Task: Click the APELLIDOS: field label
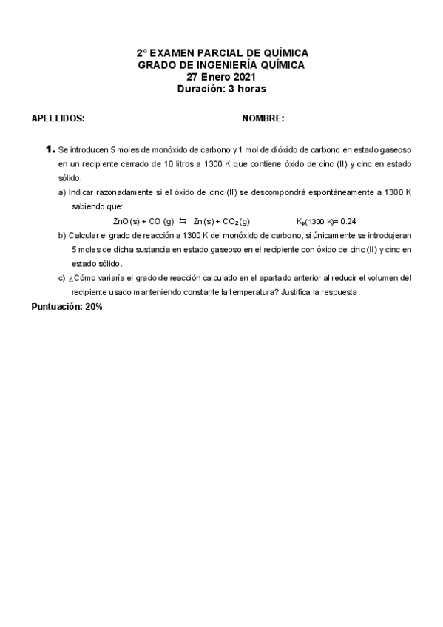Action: [x=58, y=118]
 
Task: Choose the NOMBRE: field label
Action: [x=263, y=118]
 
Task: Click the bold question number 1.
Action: [x=50, y=149]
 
